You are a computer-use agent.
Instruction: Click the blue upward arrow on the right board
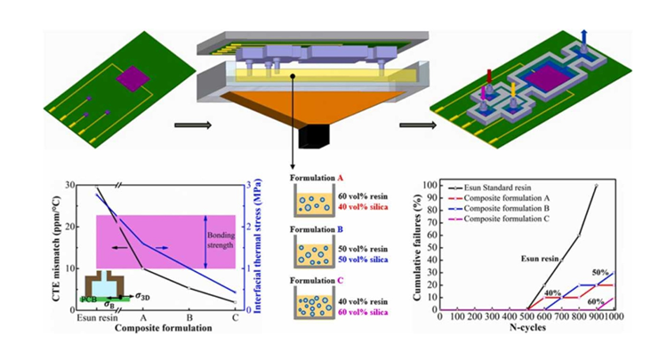(x=582, y=36)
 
